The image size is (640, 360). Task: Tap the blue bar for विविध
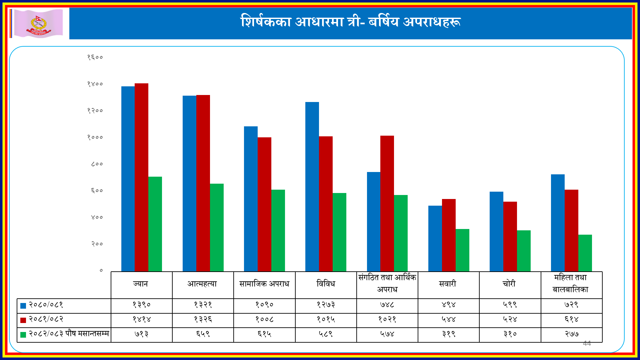312,187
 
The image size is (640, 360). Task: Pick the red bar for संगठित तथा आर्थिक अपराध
387,203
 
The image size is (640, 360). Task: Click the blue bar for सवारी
435,238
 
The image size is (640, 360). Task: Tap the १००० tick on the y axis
95,137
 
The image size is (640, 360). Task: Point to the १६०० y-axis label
95,57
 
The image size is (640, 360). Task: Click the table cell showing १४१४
142,319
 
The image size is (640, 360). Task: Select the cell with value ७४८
387,305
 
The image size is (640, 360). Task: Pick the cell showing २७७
571,334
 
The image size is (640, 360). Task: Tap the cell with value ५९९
510,305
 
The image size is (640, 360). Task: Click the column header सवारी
447,284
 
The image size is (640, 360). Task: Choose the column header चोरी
509,284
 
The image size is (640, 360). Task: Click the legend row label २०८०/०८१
46,305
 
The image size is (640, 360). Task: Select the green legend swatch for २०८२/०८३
23,335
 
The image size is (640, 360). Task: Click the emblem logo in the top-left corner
39,23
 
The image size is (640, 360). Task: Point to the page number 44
587,343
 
